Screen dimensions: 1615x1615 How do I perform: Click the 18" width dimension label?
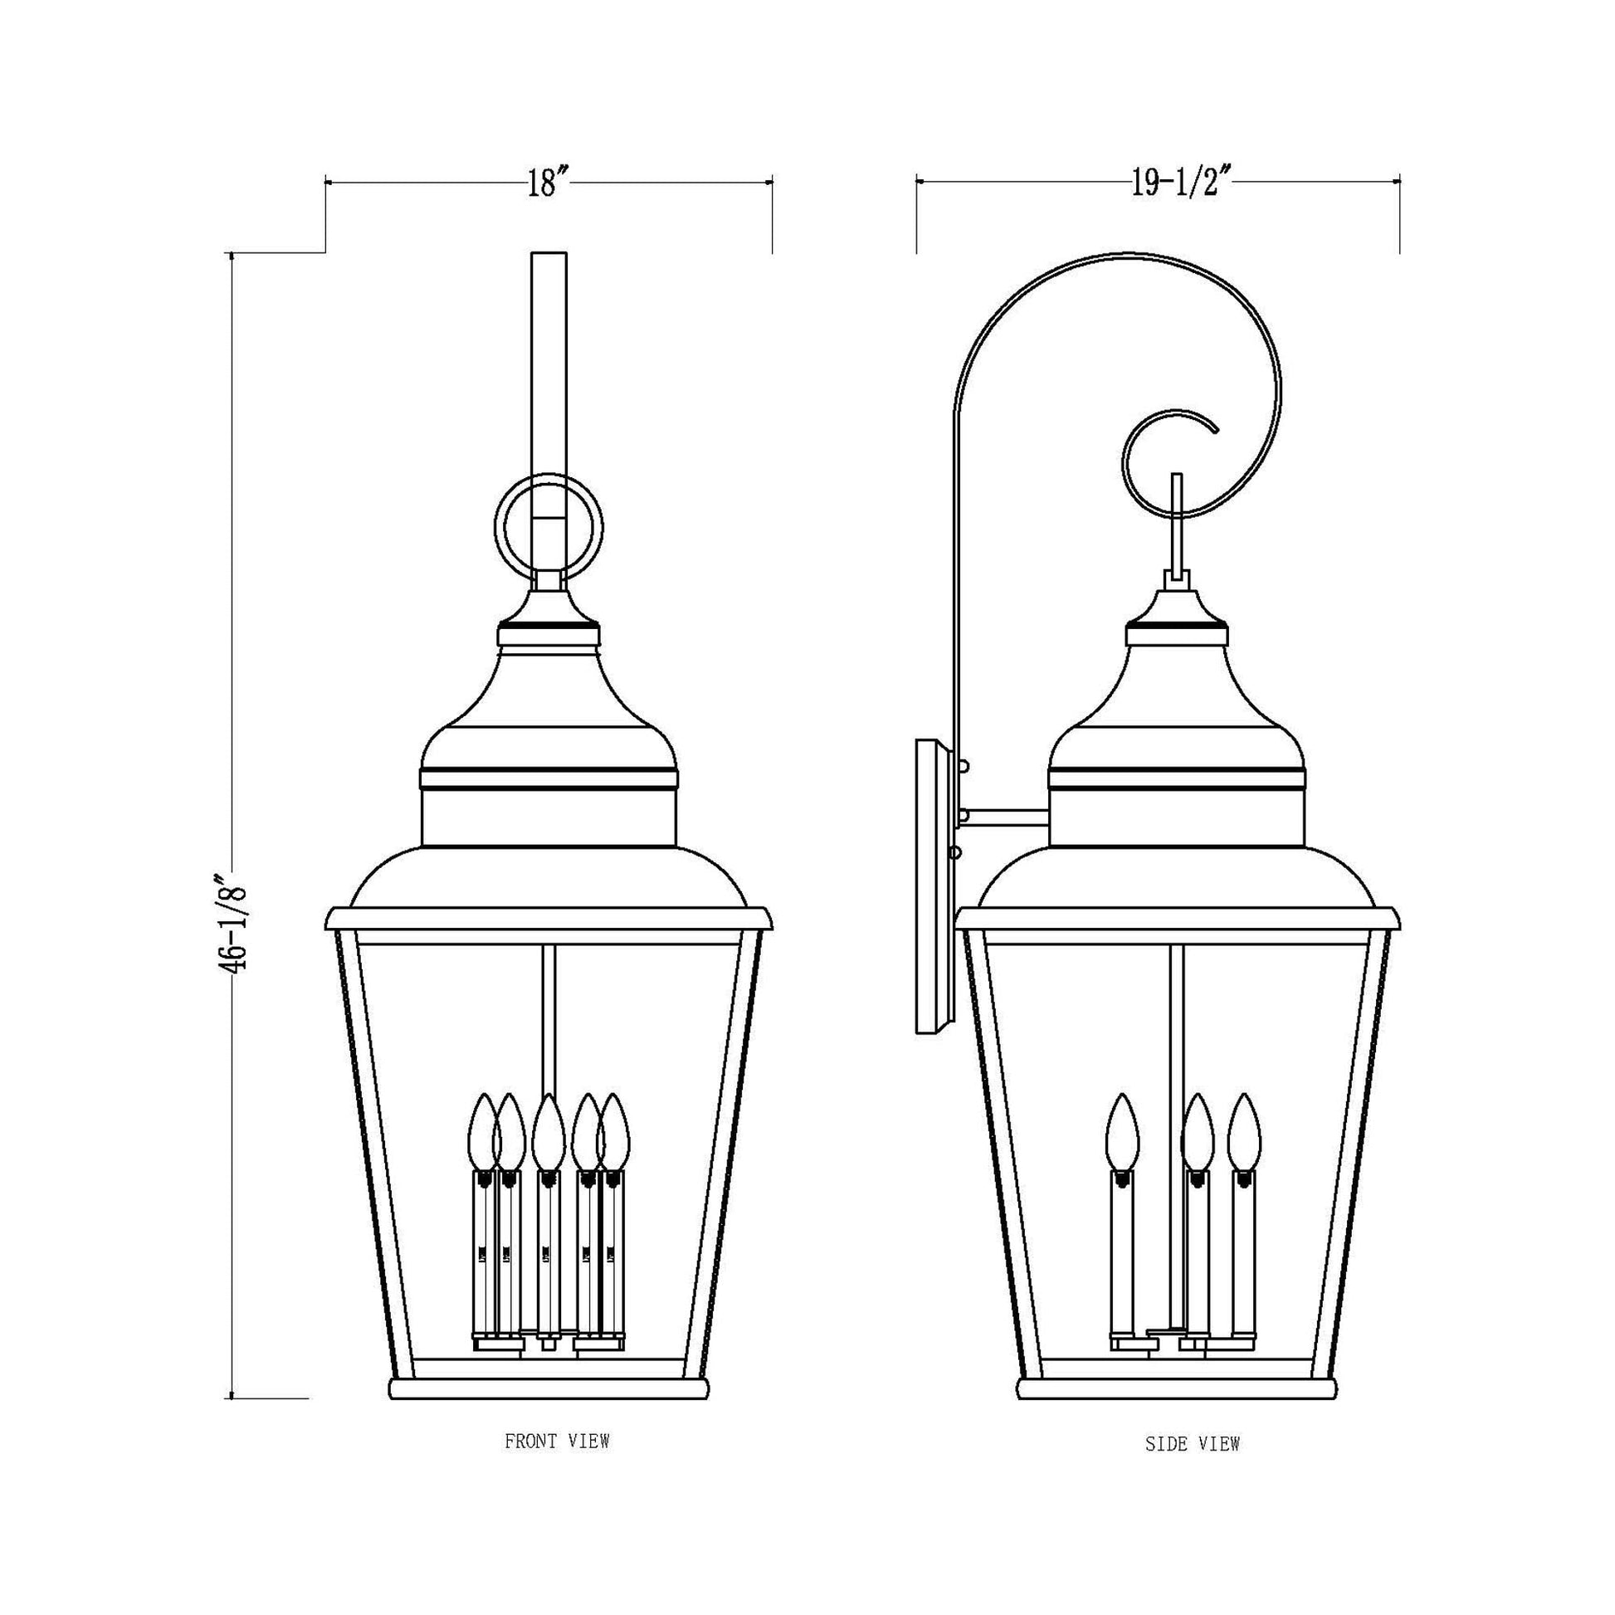[x=548, y=183]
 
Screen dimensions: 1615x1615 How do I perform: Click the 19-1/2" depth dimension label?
[x=1182, y=183]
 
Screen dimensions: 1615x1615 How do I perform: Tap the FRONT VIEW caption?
[x=557, y=1441]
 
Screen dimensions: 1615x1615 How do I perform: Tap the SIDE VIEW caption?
[x=1192, y=1444]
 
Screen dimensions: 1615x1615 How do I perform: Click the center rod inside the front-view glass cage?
[x=549, y=1020]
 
